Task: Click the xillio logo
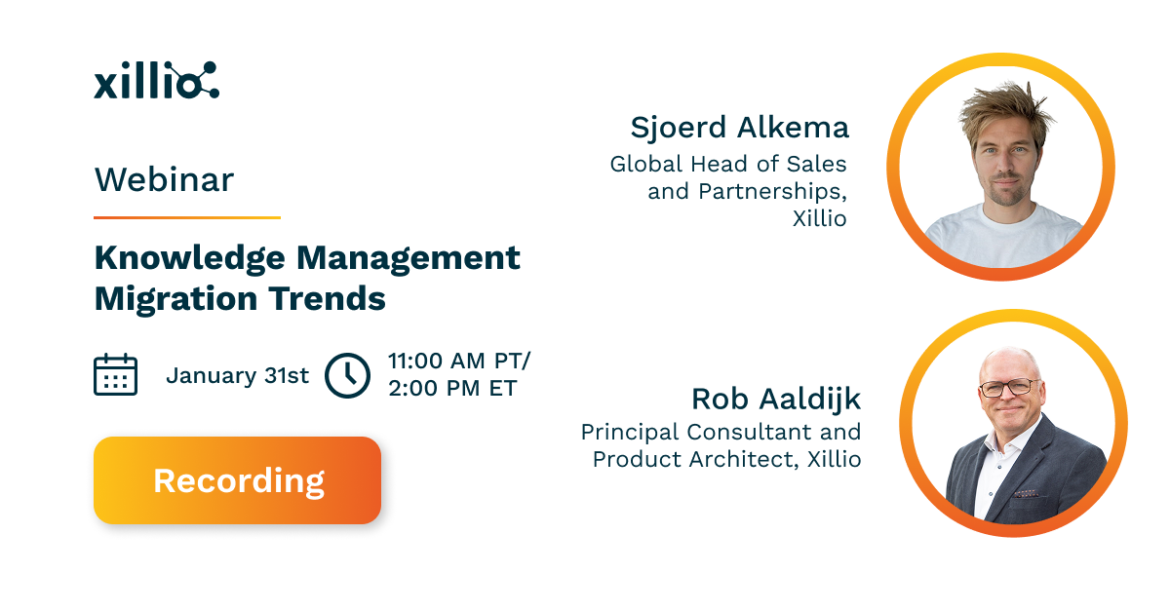pyautogui.click(x=156, y=81)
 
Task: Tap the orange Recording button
pyautogui.click(x=237, y=480)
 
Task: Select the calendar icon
pyautogui.click(x=115, y=374)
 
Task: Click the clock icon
pyautogui.click(x=347, y=375)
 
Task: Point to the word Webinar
pyautogui.click(x=164, y=180)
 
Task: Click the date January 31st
pyautogui.click(x=237, y=375)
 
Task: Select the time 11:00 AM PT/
pyautogui.click(x=459, y=361)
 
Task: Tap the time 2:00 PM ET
pyautogui.click(x=451, y=388)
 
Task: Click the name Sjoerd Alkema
pyautogui.click(x=739, y=128)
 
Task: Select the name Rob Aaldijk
pyautogui.click(x=776, y=399)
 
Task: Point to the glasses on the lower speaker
pyautogui.click(x=1009, y=388)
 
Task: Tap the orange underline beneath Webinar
pyautogui.click(x=186, y=217)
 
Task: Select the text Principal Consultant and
pyautogui.click(x=721, y=431)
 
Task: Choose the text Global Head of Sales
pyautogui.click(x=727, y=164)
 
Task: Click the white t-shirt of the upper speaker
pyautogui.click(x=1004, y=234)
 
